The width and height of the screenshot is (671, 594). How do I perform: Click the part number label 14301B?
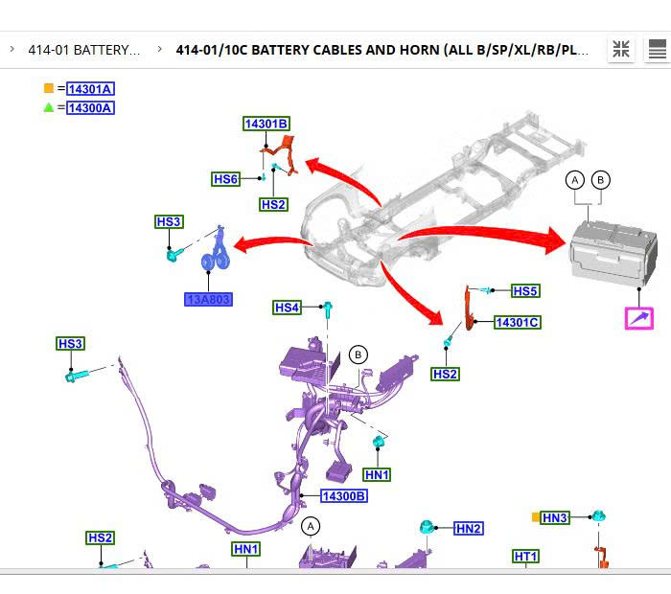[x=266, y=124]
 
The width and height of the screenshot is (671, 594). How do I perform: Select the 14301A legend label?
[x=90, y=89]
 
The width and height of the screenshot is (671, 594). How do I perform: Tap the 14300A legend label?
[x=90, y=108]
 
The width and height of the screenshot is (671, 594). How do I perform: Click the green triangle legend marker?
[x=49, y=107]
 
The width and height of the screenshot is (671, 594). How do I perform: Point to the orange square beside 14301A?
[x=49, y=89]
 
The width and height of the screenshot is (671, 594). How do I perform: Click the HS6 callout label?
[x=225, y=179]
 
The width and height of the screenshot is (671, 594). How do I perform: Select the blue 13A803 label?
[x=208, y=299]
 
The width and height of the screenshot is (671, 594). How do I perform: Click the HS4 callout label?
[x=287, y=308]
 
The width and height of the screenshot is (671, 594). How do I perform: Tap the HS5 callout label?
[x=525, y=291]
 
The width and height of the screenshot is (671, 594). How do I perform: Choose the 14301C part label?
[x=517, y=323]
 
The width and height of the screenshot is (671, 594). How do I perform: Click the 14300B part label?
[x=343, y=496]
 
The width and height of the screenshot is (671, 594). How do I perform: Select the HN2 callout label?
[x=469, y=528]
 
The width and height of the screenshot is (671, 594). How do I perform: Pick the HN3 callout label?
[x=555, y=518]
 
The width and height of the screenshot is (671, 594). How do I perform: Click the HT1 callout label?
[x=526, y=557]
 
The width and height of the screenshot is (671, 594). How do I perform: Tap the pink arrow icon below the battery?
[x=639, y=318]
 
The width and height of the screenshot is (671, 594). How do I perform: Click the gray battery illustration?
[x=613, y=252]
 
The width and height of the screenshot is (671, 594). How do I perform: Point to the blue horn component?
[x=215, y=258]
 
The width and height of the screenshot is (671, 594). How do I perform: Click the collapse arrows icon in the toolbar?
[x=620, y=50]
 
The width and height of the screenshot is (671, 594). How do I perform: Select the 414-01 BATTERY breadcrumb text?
[x=84, y=50]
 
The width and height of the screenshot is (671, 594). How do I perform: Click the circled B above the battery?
[x=600, y=179]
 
